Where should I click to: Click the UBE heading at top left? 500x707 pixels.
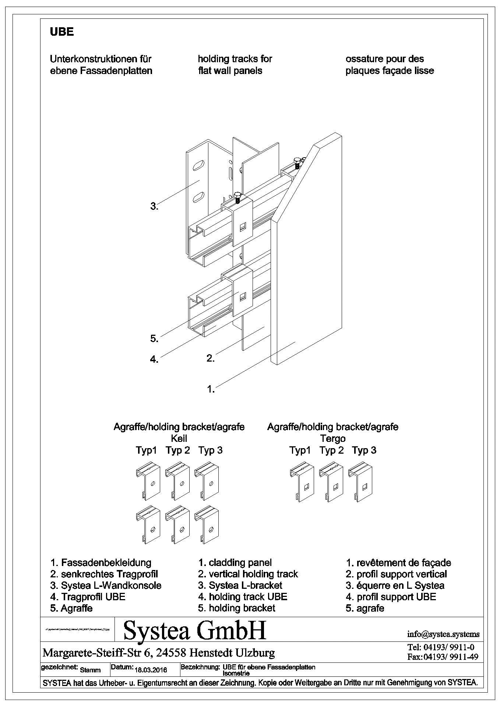[x=61, y=32]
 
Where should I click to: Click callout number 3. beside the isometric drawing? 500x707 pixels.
[x=154, y=207]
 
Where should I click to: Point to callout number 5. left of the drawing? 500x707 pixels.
[x=154, y=339]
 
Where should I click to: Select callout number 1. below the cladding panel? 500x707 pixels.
[x=211, y=389]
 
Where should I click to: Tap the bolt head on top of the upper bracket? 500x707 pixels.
[x=237, y=195]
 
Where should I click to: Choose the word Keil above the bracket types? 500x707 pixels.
[x=179, y=439]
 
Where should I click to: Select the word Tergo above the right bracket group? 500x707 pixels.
[x=332, y=439]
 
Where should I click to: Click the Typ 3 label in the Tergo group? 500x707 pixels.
[x=364, y=450]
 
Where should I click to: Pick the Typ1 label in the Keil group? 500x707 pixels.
[x=146, y=450]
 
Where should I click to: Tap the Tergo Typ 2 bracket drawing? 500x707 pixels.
[x=331, y=483]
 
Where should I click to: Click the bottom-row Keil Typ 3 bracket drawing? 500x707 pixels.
[x=207, y=526]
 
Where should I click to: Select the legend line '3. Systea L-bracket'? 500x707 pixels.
[x=240, y=585]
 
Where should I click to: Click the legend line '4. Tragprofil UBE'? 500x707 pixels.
[x=88, y=597]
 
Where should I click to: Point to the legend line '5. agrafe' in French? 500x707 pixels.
[x=365, y=608]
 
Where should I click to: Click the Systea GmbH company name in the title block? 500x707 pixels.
[x=194, y=630]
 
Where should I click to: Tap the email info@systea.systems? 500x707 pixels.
[x=443, y=634]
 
